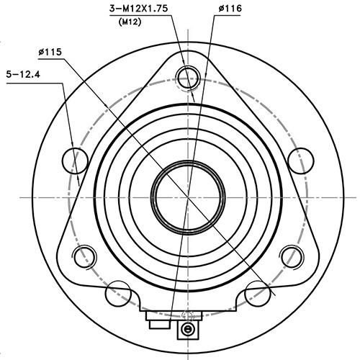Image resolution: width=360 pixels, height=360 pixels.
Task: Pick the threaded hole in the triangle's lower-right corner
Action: coord(292,254)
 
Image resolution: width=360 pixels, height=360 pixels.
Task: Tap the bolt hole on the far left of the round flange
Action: coord(75,159)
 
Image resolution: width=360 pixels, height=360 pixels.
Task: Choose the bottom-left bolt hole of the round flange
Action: coord(117,293)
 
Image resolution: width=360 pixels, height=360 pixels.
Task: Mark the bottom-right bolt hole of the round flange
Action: coord(257,293)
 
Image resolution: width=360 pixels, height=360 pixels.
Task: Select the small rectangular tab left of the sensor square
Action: coord(155,323)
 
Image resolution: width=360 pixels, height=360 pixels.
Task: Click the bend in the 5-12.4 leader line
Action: coord(63,83)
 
